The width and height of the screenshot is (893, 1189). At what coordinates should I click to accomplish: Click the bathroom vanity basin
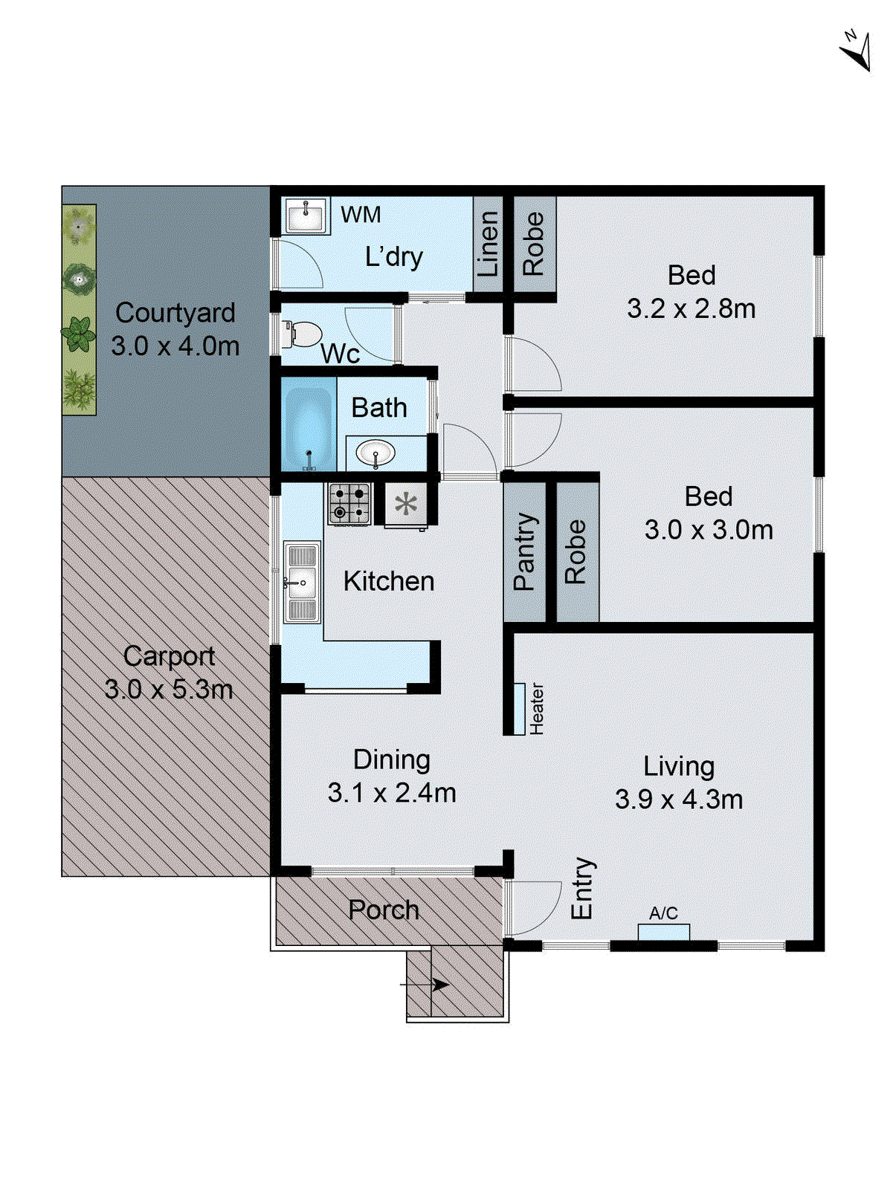(375, 452)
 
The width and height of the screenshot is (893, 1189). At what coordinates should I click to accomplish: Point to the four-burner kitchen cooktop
(349, 503)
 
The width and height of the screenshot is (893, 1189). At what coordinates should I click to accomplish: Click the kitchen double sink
(301, 583)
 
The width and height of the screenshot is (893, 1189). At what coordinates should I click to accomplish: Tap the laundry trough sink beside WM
(306, 216)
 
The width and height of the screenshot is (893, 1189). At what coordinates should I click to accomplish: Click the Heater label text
(537, 708)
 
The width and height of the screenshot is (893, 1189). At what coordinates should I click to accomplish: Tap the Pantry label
(524, 551)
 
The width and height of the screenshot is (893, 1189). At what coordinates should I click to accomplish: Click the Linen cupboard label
(487, 244)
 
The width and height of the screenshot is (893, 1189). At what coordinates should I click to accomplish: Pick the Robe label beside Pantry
(576, 551)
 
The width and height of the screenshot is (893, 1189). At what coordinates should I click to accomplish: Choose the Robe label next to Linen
(533, 244)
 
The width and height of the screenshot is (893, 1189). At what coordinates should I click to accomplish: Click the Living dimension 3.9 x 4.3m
(678, 800)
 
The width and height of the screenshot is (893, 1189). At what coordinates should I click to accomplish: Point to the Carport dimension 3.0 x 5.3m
(169, 690)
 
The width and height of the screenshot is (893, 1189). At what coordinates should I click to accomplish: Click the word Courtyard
(175, 313)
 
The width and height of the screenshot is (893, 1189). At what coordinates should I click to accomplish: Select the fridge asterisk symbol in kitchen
(406, 505)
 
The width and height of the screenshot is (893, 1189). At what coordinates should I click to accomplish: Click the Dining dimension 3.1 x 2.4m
(392, 793)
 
